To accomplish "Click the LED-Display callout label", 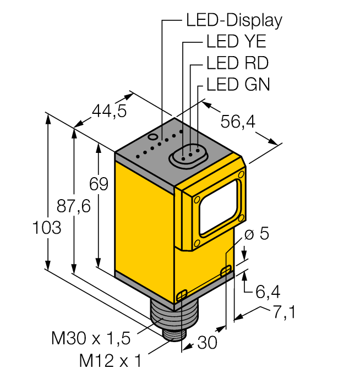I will coord(234,20).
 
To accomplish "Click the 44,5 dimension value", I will coord(109,112).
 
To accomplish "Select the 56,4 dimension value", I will coord(238,122).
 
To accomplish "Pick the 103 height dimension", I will coord(47,227).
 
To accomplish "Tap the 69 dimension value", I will coord(99,185).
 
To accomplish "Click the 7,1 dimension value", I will coord(284,312).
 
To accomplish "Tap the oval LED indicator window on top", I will coord(187,155).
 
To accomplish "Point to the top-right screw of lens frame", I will coord(241,175).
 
